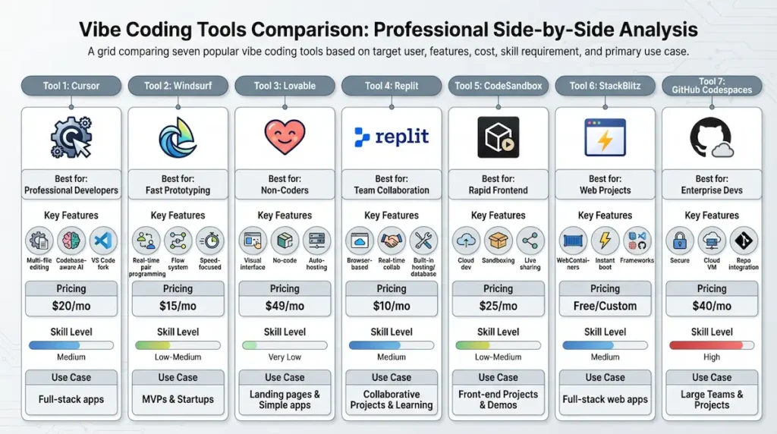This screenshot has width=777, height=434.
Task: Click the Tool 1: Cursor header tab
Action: (71, 86)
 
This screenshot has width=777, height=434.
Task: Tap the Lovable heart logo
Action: (285, 137)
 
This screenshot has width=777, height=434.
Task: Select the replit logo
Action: (392, 137)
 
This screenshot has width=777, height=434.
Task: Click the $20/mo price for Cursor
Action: (71, 306)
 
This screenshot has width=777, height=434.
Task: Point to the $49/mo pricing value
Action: (285, 306)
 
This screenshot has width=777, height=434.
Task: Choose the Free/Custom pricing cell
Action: (605, 306)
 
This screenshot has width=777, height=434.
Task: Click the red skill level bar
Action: (711, 344)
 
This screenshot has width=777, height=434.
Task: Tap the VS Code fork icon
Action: (103, 241)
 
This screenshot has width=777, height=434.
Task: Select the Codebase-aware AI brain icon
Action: (71, 241)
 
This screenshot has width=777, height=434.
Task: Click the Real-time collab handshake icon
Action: (392, 241)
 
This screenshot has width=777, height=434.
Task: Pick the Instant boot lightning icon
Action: (605, 241)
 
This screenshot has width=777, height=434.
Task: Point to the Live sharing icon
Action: (530, 241)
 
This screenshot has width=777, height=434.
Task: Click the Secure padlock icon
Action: (679, 241)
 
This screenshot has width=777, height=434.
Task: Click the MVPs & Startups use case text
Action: (178, 399)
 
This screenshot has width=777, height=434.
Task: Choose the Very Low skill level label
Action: (285, 357)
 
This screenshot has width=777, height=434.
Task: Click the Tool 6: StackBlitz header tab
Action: (605, 86)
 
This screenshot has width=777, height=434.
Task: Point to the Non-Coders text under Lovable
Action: (285, 190)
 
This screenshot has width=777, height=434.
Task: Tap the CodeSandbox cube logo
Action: (498, 137)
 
